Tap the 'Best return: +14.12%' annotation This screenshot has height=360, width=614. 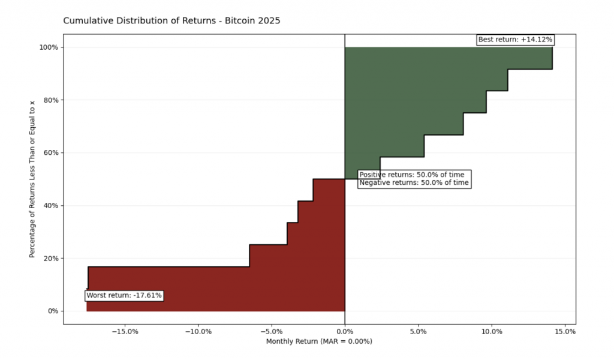(x=515, y=40)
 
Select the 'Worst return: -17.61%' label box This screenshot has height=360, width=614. (x=124, y=295)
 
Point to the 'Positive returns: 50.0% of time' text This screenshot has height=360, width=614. (x=411, y=175)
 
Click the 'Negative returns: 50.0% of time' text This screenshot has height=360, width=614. (x=414, y=182)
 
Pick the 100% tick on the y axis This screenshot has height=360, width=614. (x=49, y=47)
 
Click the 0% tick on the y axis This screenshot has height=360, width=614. (x=52, y=311)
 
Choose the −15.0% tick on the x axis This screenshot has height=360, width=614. (x=125, y=331)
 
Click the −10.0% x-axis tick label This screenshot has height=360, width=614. (x=198, y=331)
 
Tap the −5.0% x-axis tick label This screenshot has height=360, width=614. (x=272, y=331)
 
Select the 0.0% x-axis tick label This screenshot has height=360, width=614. (x=345, y=331)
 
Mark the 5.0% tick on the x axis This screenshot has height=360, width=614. (x=419, y=331)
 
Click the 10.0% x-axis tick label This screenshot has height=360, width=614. (x=492, y=331)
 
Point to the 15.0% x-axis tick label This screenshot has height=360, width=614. (x=565, y=331)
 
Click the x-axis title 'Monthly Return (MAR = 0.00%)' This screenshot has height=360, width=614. (x=319, y=341)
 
